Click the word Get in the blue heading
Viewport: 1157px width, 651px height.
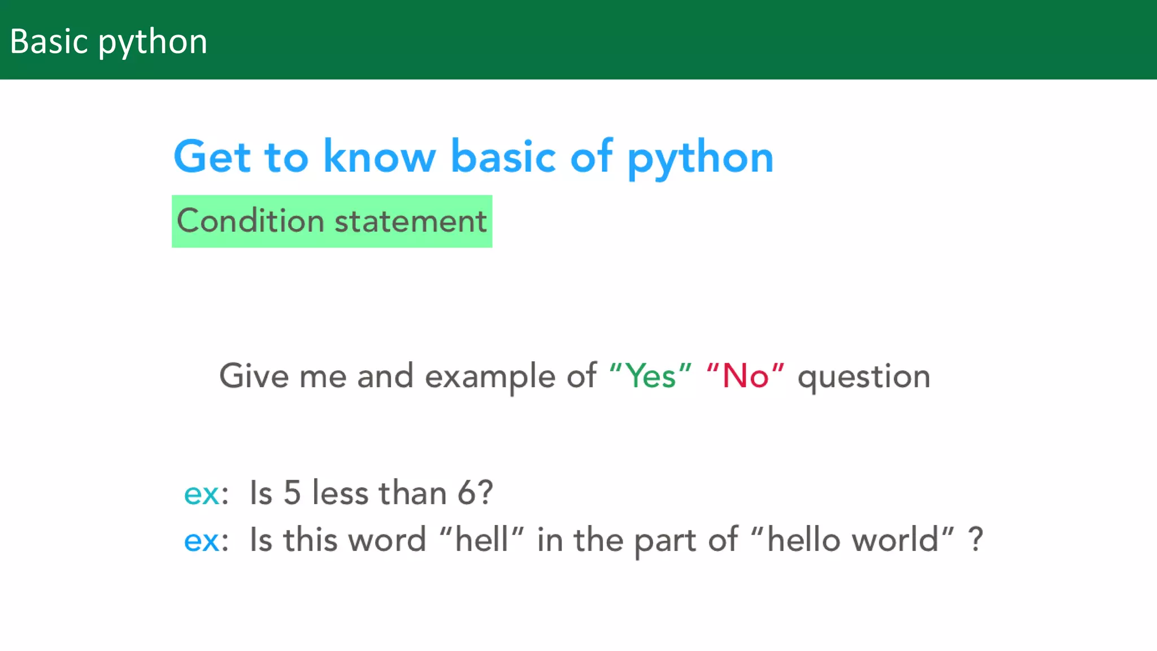pyautogui.click(x=212, y=157)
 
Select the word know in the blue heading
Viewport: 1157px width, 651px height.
pyautogui.click(x=379, y=157)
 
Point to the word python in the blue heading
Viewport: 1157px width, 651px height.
pyautogui.click(x=700, y=159)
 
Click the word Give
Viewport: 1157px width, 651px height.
pyautogui.click(x=254, y=376)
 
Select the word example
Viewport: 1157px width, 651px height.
pyautogui.click(x=490, y=377)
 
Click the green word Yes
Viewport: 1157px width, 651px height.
pyautogui.click(x=651, y=376)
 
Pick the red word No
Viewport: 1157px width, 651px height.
pyautogui.click(x=745, y=376)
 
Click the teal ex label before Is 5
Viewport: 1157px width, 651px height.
pyautogui.click(x=202, y=494)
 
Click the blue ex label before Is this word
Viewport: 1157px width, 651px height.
pyautogui.click(x=202, y=541)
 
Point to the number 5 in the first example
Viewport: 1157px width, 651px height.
pyautogui.click(x=292, y=492)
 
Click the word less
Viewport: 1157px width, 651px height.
pyautogui.click(x=340, y=492)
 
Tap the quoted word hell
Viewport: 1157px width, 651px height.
pyautogui.click(x=481, y=540)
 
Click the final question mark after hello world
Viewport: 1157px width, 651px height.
pyautogui.click(x=976, y=540)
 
